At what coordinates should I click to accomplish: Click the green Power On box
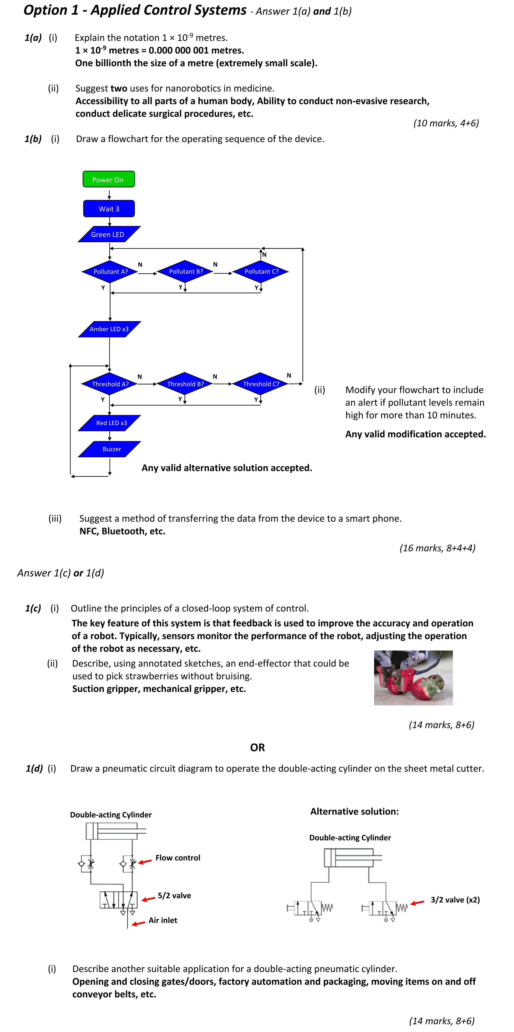pos(109,179)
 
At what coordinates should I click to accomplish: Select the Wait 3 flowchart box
pos(109,209)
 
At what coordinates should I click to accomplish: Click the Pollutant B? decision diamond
pos(185,272)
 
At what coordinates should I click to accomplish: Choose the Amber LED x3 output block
pos(109,329)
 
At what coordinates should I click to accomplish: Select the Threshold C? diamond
pos(261,384)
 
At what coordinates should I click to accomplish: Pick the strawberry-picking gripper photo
pos(413,678)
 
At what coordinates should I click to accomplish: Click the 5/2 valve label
pos(174,896)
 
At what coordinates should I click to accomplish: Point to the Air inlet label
pos(163,921)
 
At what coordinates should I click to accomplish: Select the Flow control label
pos(178,858)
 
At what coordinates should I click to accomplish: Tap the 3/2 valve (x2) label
pos(455,900)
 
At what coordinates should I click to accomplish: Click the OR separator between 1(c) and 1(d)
pos(257,748)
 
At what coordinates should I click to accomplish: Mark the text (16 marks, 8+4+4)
pos(437,548)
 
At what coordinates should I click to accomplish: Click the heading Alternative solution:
pos(354,811)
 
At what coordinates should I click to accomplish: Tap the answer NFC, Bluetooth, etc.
pos(122,531)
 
